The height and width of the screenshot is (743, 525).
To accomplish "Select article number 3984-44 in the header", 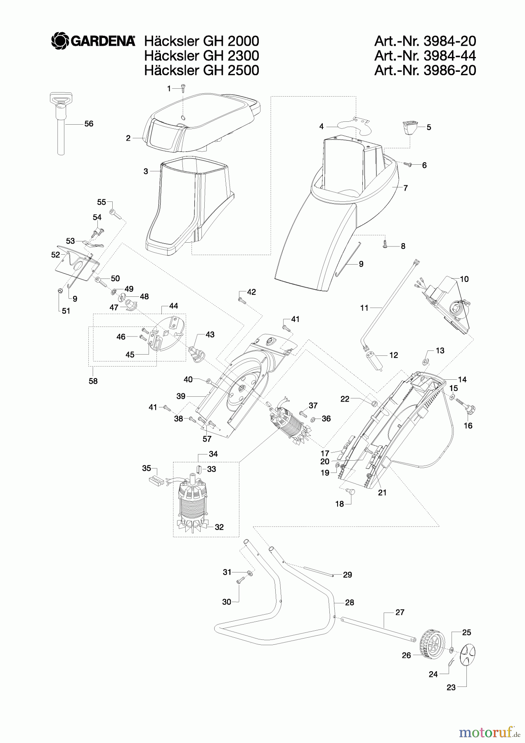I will point(425,55).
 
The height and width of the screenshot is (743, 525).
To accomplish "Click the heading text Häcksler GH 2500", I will point(201,70).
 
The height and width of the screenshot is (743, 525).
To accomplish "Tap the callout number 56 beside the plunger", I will point(89,123).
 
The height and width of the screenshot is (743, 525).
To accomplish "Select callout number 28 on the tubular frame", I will point(350,602).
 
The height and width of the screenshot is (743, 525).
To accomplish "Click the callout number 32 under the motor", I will point(219,527).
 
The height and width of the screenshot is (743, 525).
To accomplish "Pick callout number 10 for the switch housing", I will point(464,279).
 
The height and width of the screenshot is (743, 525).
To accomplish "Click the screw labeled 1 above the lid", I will point(183,88).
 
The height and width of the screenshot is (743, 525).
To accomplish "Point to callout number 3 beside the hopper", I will point(146,171).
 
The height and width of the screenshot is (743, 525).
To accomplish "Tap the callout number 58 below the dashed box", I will point(93,381).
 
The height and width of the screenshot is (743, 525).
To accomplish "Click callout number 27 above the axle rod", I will point(400,612).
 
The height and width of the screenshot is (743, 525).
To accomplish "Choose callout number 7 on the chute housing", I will point(406,188).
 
